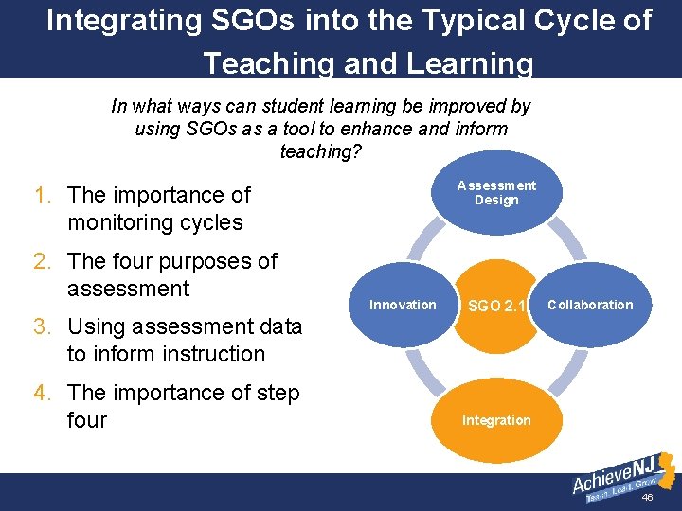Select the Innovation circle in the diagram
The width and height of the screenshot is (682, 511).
coord(403,305)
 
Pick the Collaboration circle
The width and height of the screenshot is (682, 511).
coord(589,305)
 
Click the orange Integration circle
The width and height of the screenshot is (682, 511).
coord(496,419)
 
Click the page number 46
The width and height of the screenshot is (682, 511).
coord(648,498)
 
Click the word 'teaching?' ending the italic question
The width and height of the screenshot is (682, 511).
coord(320,151)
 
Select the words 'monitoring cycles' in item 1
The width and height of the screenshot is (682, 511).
coord(155,222)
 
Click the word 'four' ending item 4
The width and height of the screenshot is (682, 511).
coord(87,419)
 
